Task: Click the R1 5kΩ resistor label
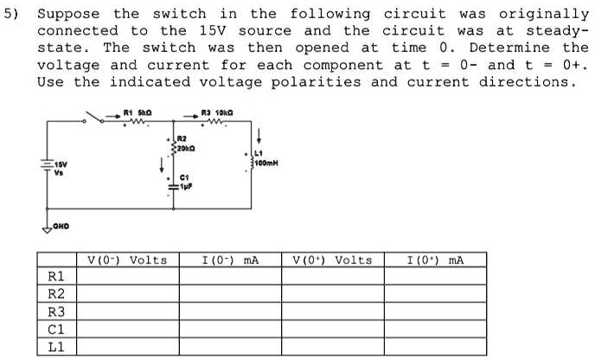point(137,112)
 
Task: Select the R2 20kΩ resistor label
point(183,143)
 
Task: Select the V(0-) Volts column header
point(128,260)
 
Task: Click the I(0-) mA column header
point(230,260)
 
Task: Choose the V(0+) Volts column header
point(332,260)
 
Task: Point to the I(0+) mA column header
point(435,260)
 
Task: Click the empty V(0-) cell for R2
point(128,294)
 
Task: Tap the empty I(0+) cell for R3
point(435,312)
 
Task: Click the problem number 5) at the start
point(15,15)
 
